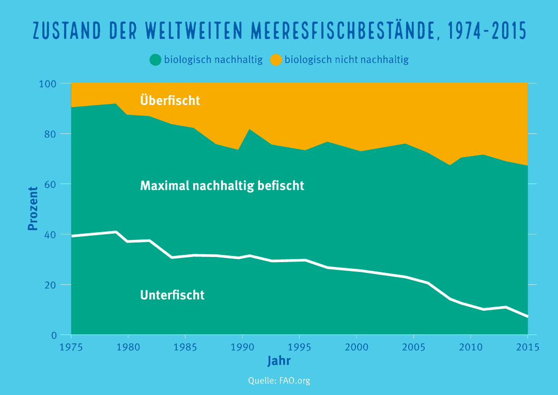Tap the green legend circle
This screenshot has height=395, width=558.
pos(155,59)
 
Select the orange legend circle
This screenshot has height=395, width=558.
pos(276,59)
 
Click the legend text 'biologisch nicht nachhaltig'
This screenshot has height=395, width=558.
pos(346,59)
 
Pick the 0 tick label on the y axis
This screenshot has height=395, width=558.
pos(53,336)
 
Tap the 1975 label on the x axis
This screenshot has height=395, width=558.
pos(71,347)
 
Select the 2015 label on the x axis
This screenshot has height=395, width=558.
pos(528,347)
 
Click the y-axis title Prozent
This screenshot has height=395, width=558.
pos(33,208)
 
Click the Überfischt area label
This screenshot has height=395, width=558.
pos(170,100)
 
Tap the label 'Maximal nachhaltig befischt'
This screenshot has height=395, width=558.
pos(222,185)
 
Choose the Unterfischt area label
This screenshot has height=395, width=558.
pos(172,295)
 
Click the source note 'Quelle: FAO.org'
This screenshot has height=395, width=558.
pos(279,381)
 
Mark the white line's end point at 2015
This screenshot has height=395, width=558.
pos(527,316)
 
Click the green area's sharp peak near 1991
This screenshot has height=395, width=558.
pos(250,129)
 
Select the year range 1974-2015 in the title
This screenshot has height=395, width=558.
pos(487,32)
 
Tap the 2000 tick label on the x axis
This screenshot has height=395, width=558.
pos(357,347)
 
